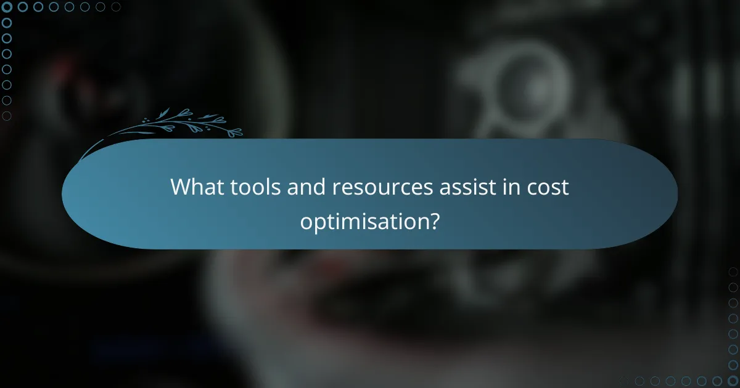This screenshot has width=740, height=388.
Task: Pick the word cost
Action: [545, 187]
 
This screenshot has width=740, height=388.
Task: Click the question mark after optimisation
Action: [434, 220]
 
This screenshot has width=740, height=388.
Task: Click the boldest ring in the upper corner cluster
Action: [7, 7]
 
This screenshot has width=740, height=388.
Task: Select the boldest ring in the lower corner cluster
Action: [733, 381]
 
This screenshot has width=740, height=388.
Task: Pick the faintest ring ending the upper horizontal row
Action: [116, 7]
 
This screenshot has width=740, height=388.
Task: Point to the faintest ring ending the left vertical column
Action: [7, 116]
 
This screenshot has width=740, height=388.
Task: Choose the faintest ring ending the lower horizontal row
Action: [625, 381]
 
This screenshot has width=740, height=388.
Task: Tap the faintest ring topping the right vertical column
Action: [733, 272]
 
